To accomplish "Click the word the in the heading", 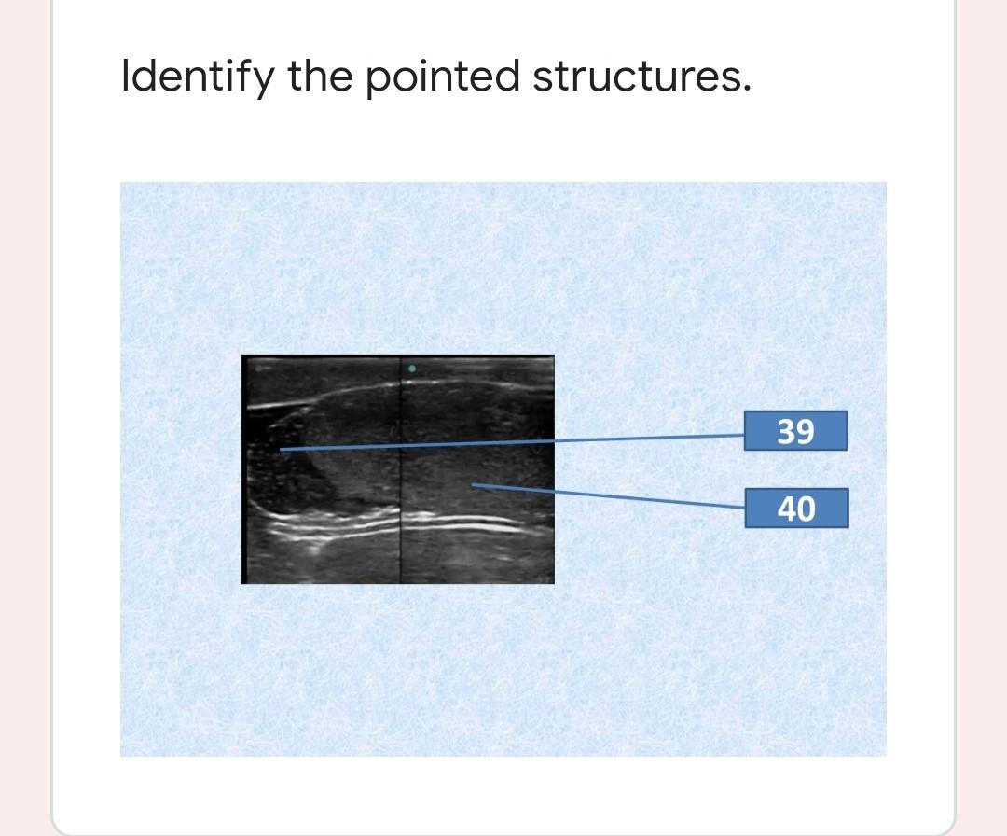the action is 320,76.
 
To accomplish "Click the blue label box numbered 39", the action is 795,430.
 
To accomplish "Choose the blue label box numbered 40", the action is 796,509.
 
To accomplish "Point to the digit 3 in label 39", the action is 786,431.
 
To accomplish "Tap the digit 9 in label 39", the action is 806,431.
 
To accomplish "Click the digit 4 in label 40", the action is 787,509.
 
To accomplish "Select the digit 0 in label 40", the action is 807,509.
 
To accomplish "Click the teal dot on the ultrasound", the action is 412,369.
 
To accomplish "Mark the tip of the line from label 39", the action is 281,449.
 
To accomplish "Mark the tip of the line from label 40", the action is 472,485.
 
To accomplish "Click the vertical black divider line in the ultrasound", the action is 400,469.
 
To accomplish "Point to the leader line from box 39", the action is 513,442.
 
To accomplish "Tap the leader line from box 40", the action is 609,496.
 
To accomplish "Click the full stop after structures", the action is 746,90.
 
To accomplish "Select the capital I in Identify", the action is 125,76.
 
